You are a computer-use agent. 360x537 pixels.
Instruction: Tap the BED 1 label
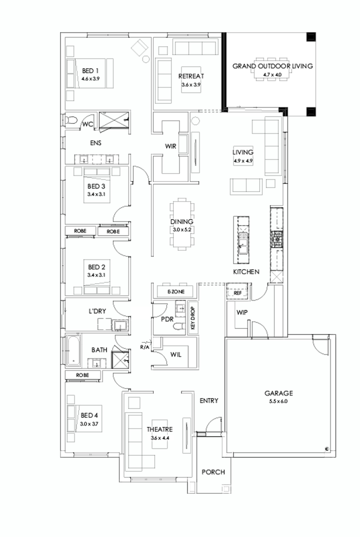[91, 70]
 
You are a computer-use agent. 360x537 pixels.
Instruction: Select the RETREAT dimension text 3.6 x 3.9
[190, 85]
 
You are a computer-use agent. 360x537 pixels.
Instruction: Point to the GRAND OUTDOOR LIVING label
[273, 66]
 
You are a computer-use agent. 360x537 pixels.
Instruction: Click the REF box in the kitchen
[238, 293]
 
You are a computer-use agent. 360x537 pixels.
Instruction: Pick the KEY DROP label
[194, 319]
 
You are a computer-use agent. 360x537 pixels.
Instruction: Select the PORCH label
[213, 472]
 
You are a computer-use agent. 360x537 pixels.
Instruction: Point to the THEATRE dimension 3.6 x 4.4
[160, 438]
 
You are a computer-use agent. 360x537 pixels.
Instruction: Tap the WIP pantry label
[242, 312]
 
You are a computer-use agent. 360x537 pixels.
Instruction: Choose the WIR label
[171, 146]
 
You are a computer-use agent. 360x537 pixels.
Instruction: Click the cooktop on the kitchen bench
[276, 237]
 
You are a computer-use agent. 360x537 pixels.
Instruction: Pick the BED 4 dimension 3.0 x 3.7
[89, 424]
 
